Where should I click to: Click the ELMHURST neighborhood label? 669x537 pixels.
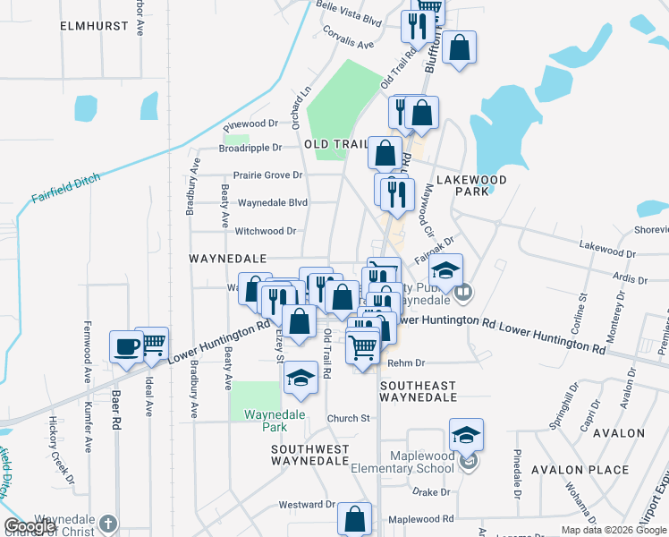(95, 27)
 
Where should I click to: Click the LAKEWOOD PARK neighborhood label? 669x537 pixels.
(481, 185)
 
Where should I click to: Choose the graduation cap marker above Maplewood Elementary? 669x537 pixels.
(466, 435)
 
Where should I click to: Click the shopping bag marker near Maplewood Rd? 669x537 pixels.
(356, 518)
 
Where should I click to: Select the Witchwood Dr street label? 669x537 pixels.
(265, 231)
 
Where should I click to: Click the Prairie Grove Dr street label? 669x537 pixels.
(267, 175)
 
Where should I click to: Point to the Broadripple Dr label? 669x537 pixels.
(250, 148)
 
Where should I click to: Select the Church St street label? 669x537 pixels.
(348, 418)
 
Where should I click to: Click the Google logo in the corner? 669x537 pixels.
(30, 526)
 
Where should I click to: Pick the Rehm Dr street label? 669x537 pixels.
(406, 363)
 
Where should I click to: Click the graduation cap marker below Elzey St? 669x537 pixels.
(301, 379)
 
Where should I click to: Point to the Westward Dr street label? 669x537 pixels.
(306, 505)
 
